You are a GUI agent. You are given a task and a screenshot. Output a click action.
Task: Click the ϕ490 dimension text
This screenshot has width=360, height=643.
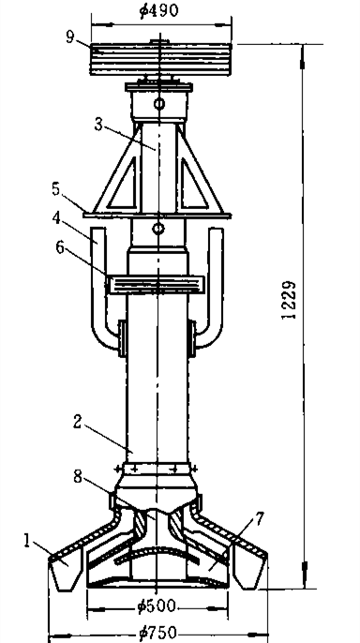click(x=159, y=9)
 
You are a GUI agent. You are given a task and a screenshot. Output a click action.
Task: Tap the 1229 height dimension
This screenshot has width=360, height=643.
click(x=289, y=300)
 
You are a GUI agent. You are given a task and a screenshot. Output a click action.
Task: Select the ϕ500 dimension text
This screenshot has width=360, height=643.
click(x=157, y=606)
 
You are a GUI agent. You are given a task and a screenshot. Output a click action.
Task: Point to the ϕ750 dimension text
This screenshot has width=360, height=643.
click(x=158, y=633)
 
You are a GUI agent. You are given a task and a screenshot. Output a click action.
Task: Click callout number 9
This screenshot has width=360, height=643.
click(x=70, y=37)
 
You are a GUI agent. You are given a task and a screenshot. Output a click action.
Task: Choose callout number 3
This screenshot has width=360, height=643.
click(x=98, y=125)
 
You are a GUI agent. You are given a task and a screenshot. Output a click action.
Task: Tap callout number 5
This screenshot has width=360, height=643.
click(x=55, y=189)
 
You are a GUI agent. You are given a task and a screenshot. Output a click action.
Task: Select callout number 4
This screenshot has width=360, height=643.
click(x=57, y=218)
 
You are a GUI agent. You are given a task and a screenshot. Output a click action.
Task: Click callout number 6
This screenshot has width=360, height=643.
click(x=60, y=247)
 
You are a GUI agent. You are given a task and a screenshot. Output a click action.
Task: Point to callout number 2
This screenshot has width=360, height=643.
click(x=77, y=422)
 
